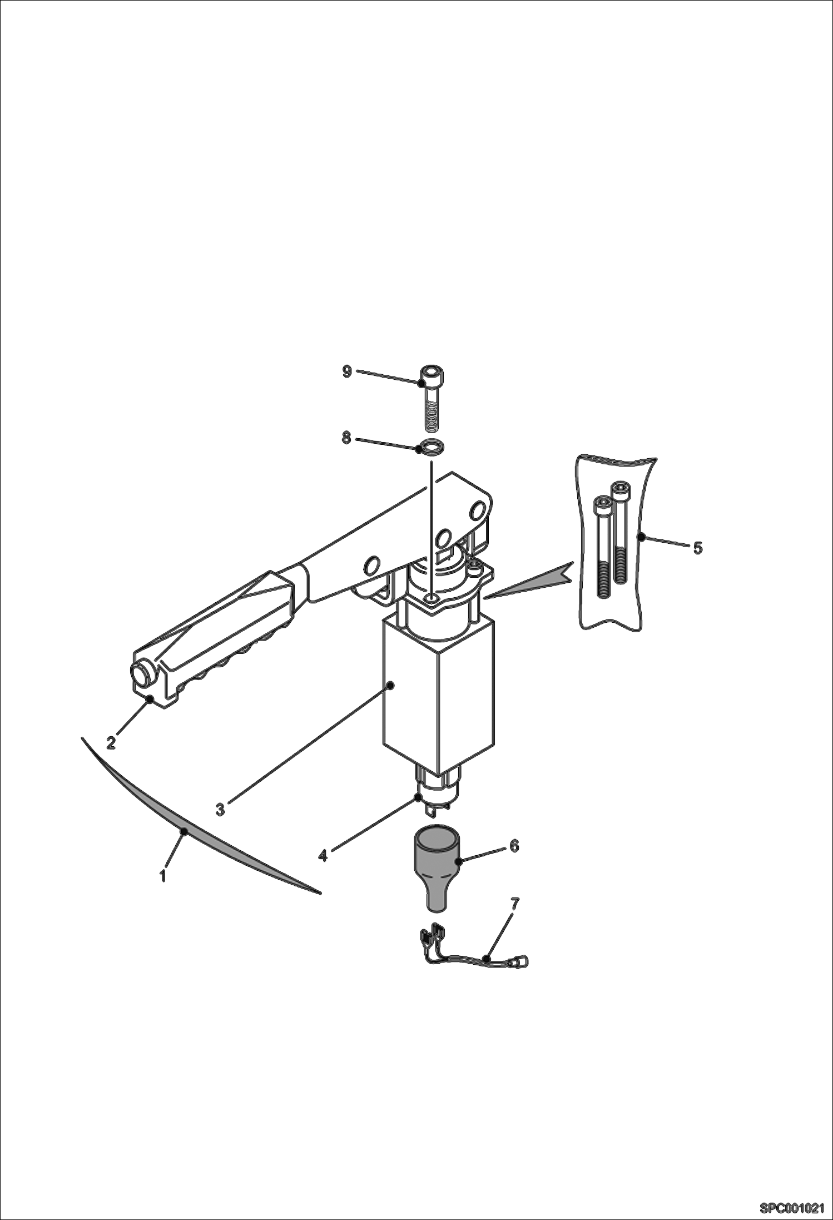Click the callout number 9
pos(347,372)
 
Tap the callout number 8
pos(346,438)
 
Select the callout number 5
pos(697,548)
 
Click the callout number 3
pos(220,810)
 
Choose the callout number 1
pos(163,876)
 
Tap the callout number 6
pos(514,846)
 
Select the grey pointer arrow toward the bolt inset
pos(534,584)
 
